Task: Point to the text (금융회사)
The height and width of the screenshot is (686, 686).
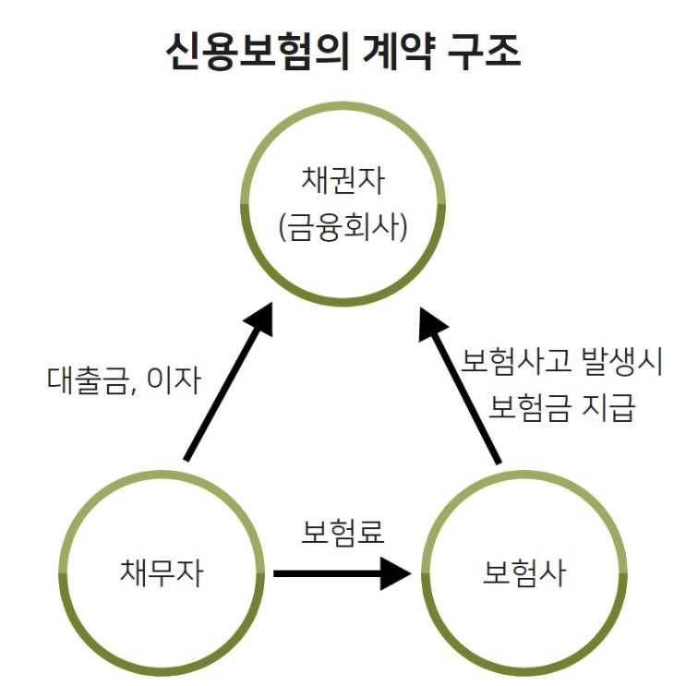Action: coord(343,226)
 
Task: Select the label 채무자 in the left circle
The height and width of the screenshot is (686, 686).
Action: coord(162,573)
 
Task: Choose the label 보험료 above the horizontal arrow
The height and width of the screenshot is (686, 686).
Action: coord(343,533)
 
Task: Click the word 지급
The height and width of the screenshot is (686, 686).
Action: coord(612,407)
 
